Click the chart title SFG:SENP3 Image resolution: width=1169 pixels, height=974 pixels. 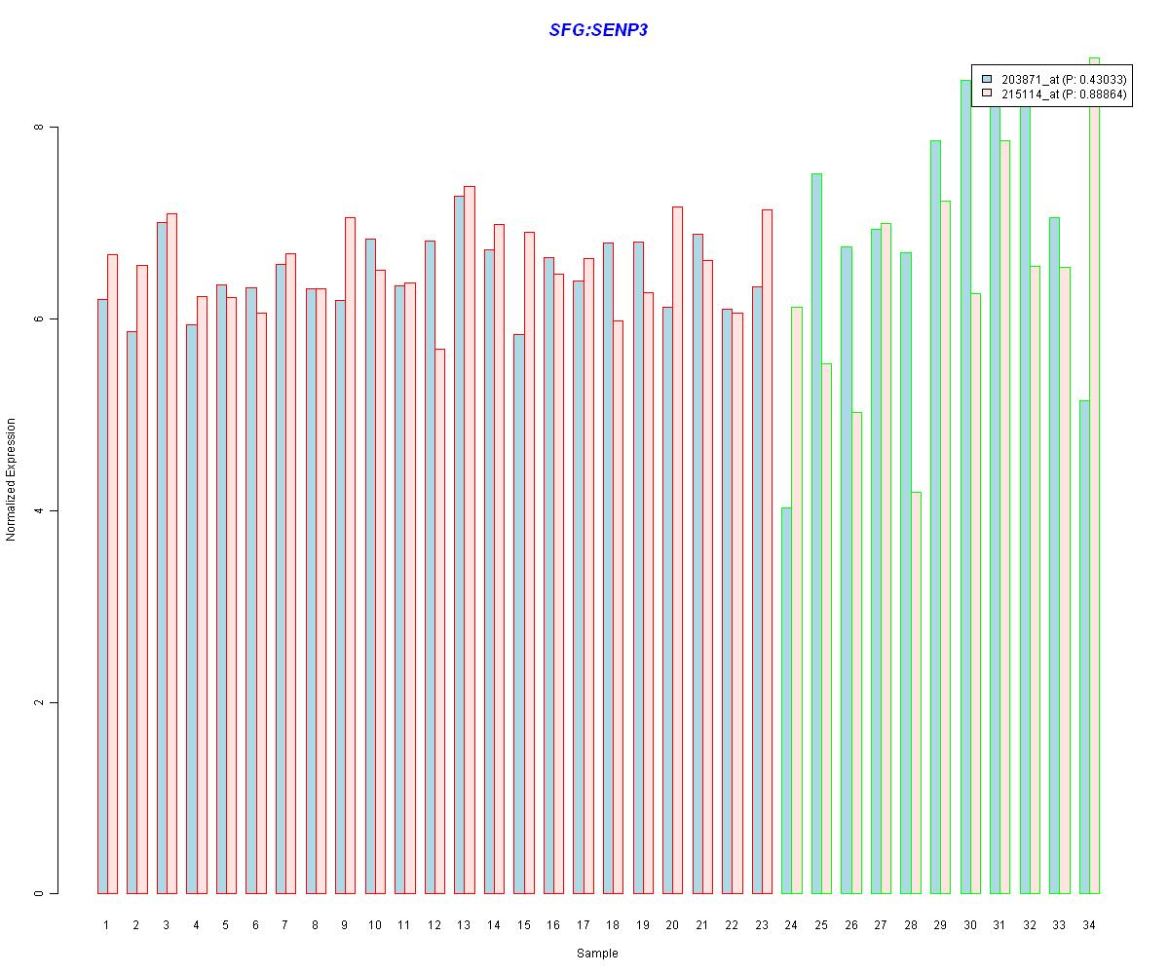(598, 30)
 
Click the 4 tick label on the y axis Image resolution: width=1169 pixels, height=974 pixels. (40, 510)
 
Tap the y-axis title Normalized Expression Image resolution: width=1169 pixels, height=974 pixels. (12, 479)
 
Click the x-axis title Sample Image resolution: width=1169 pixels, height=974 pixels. (597, 954)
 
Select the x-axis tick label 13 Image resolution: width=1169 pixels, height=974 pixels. (464, 925)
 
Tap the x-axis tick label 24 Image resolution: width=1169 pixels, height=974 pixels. (791, 925)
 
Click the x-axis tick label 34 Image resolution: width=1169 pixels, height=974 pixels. (1089, 925)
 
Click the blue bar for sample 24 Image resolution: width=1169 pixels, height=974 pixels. (786, 700)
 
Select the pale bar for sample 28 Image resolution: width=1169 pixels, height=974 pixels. (916, 693)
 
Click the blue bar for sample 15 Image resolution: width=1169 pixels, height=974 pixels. (518, 614)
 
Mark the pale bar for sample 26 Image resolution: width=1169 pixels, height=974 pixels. (856, 653)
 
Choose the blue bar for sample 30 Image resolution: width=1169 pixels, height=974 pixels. (965, 487)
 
